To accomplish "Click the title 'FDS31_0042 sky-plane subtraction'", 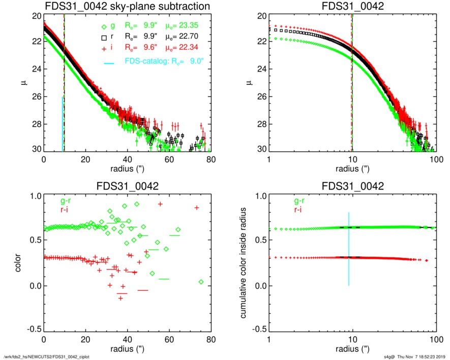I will click(127, 6).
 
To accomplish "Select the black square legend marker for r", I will click(104, 37).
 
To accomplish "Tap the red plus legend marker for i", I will click(104, 47).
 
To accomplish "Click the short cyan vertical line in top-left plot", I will click(63, 124).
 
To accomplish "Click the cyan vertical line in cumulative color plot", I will click(349, 249).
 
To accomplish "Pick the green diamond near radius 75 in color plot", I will click(201, 282).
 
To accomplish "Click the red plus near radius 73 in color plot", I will click(197, 207).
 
